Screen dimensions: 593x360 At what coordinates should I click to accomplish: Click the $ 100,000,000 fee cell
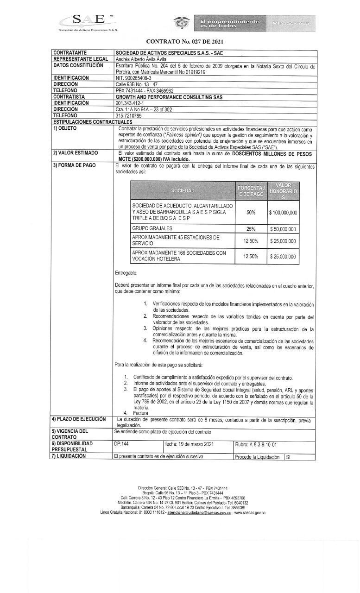pos(283,213)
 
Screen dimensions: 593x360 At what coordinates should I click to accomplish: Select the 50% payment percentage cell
pos(251,213)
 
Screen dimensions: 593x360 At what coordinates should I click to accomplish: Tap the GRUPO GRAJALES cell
pos(152,228)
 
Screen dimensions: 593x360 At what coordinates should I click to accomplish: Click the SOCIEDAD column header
pos(183,190)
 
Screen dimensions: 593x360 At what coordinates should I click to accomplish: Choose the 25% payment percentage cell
pos(251,229)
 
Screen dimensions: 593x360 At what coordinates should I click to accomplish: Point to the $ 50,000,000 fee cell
pos(283,229)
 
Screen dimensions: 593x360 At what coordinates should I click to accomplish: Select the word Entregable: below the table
pos(126,273)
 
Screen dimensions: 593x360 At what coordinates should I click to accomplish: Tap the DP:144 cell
pos(121,444)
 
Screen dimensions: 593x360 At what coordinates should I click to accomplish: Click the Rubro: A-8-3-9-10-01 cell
pos(256,444)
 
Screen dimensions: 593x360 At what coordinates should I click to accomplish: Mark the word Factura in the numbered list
pos(140,412)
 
